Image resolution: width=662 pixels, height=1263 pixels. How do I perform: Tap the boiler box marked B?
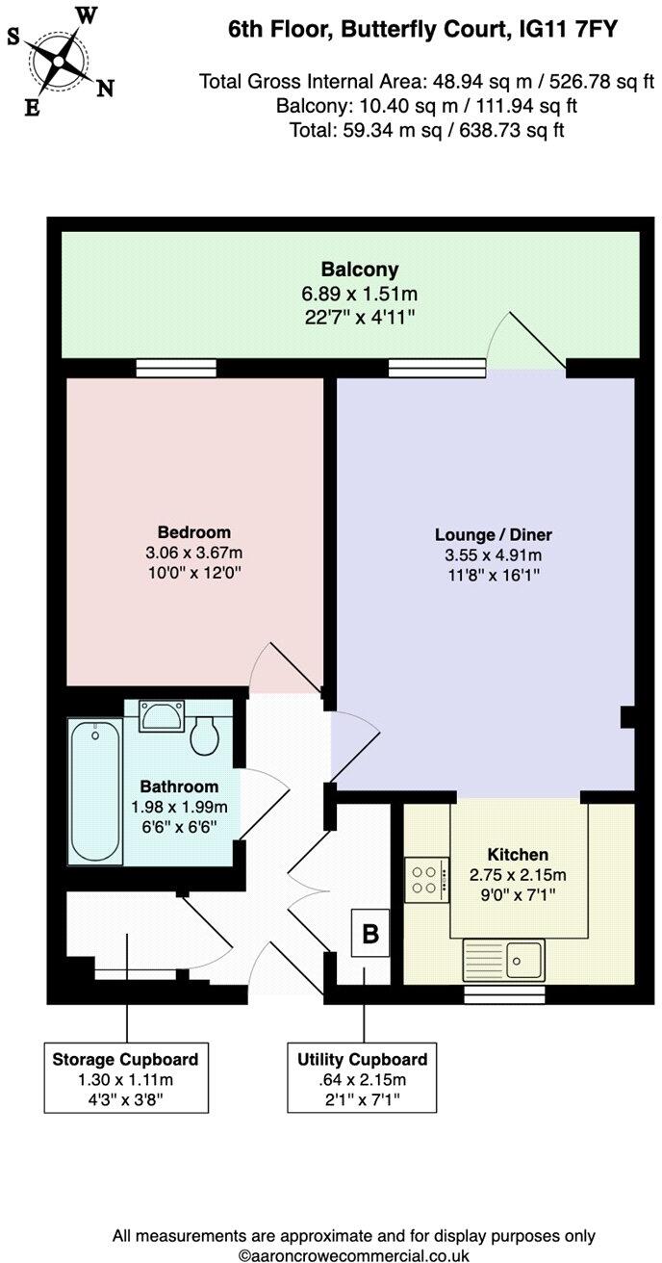[x=369, y=933]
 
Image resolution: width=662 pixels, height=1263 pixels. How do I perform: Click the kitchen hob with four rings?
[x=426, y=879]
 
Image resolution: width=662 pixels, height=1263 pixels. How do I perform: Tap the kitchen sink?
[x=503, y=960]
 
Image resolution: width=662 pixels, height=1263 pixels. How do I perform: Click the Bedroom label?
[x=194, y=532]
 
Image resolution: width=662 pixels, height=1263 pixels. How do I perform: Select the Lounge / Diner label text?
[x=494, y=535]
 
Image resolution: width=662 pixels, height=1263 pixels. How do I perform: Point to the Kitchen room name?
[x=518, y=854]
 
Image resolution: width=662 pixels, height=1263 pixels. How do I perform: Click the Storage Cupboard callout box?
[x=126, y=1077]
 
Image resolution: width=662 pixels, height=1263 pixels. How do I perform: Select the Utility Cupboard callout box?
[x=363, y=1077]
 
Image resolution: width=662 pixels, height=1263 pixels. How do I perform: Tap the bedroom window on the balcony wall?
[x=175, y=367]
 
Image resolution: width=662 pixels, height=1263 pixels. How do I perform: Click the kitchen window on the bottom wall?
[x=504, y=993]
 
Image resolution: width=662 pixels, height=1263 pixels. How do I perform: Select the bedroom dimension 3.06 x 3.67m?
[x=194, y=553]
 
